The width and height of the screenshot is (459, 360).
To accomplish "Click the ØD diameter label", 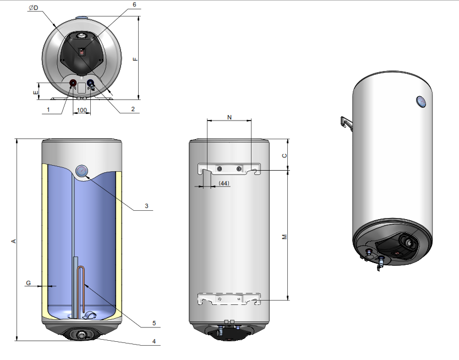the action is [x=34, y=8].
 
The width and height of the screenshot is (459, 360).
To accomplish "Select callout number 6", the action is [x=134, y=4].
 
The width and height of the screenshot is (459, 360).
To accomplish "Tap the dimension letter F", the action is [x=135, y=59].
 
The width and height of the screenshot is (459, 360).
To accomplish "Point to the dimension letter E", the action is [x=36, y=92].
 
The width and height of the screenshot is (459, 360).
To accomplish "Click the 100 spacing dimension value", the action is [x=81, y=110].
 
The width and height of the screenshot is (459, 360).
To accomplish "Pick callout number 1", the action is [x=48, y=110].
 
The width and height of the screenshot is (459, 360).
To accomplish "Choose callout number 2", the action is [x=133, y=109].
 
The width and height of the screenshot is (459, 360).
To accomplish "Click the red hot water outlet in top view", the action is [x=73, y=84].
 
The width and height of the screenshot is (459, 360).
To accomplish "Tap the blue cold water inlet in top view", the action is [x=91, y=84].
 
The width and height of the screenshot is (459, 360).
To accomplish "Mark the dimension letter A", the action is [x=13, y=241].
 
